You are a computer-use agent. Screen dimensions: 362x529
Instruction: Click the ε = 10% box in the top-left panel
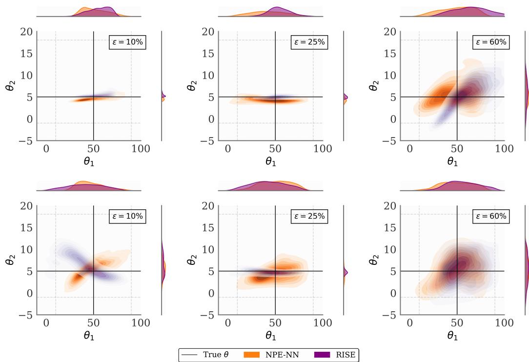tap(127, 42)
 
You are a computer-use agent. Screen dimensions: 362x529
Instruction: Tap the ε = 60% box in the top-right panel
tap(491, 42)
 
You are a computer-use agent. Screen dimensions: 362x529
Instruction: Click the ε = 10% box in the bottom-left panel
tap(127, 217)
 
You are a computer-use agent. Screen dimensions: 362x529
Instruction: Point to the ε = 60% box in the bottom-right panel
tap(491, 217)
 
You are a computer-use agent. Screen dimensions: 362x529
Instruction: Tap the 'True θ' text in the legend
tap(215, 355)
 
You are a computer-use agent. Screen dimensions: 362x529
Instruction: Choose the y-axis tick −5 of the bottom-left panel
tap(25, 315)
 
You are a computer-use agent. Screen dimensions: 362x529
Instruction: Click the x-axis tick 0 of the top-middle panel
tap(228, 149)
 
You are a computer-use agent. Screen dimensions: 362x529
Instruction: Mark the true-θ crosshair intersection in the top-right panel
tap(457, 97)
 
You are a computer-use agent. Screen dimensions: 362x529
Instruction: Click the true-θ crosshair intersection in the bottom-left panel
tap(93, 271)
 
